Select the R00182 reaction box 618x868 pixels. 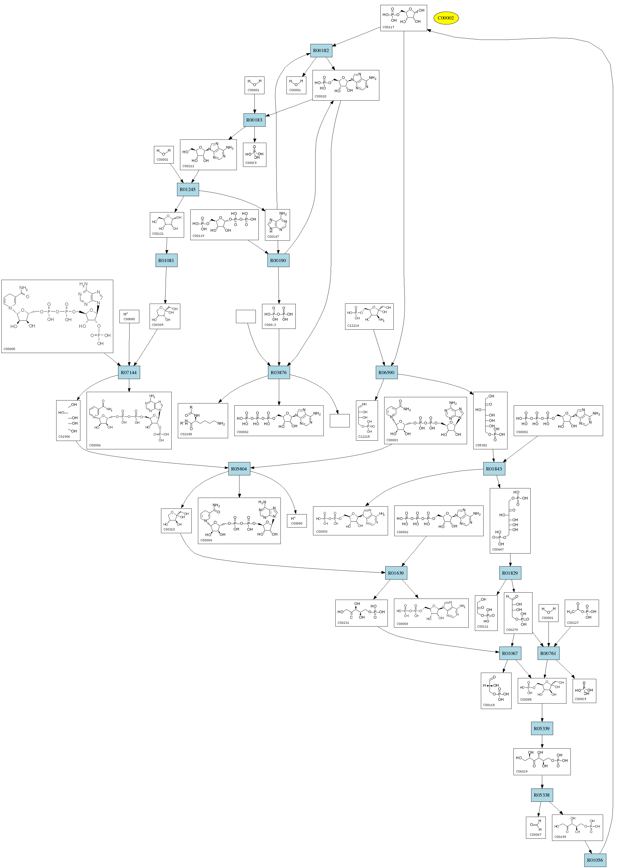(321, 50)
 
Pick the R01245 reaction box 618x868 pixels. (188, 189)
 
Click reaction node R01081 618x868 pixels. (166, 260)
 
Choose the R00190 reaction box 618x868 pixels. (278, 260)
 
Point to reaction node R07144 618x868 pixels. (129, 373)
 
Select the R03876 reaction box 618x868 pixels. (279, 373)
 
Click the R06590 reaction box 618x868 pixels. (386, 373)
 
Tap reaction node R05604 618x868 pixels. (239, 469)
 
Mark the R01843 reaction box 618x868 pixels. (494, 469)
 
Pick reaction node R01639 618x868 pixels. (396, 573)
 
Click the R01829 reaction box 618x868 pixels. (510, 573)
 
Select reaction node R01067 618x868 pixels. (510, 653)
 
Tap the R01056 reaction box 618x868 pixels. (595, 860)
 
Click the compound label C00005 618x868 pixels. (10, 349)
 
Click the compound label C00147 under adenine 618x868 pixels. (273, 237)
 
